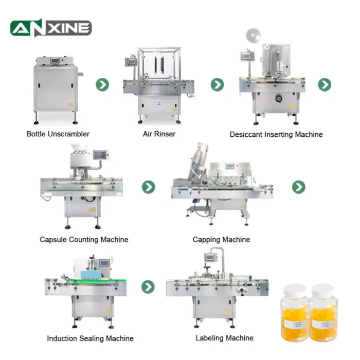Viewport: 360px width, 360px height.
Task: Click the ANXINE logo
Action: coord(51,28)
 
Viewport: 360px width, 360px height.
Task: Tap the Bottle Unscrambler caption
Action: coord(58,134)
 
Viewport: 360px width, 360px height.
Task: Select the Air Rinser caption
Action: coord(159,134)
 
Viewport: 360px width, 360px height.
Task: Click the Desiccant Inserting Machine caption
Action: coord(276,134)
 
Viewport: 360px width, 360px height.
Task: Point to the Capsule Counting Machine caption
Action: coord(84,240)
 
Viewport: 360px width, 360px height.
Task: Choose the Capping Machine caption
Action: coord(221,240)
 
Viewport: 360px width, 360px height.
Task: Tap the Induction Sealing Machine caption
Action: coord(90,338)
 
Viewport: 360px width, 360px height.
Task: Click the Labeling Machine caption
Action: coord(225,338)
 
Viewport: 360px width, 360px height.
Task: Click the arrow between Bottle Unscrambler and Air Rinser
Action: coord(102,85)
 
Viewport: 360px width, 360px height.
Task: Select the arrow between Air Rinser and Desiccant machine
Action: coord(217,85)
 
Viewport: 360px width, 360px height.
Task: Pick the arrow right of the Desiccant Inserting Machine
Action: coord(325,85)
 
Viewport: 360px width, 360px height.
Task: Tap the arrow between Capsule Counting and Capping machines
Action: coord(148,187)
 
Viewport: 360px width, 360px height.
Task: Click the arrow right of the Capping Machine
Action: coord(298,187)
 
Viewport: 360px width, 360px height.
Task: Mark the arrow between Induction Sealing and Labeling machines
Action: coord(148,287)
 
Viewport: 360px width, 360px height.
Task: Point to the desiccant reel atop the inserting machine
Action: coord(253,35)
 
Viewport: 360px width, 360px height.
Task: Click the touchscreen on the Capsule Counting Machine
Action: coord(100,155)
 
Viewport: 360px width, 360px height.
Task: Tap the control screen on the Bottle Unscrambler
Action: coord(55,60)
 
